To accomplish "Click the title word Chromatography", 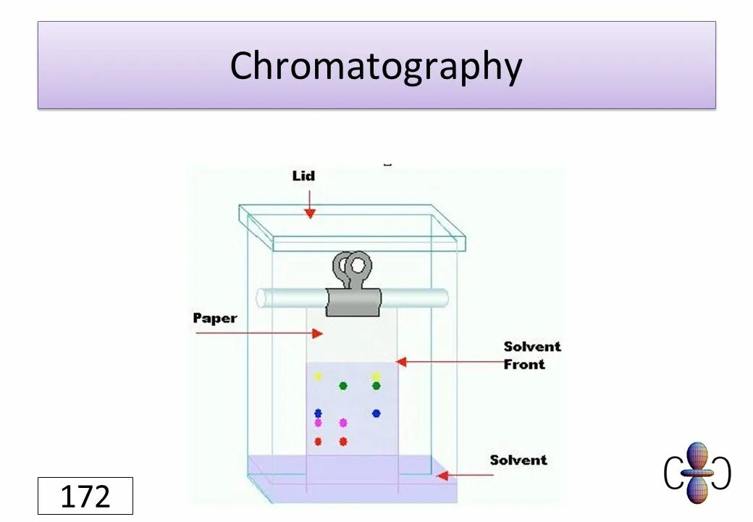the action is tap(376, 66).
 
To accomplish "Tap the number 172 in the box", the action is tap(85, 497).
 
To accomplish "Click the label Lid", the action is tap(303, 176).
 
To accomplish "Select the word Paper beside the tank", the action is tap(215, 318).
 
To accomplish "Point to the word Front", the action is tap(524, 364).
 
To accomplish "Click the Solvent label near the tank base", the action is tap(518, 460).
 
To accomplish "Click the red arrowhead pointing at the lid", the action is tap(310, 213).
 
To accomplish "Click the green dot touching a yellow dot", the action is tap(376, 386).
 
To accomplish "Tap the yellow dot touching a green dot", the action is tap(376, 376).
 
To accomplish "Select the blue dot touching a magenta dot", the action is tap(318, 413).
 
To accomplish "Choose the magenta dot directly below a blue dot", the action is tap(318, 423).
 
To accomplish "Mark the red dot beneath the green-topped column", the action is tap(343, 442).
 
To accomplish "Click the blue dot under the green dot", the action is tap(376, 413).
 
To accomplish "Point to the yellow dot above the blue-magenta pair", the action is tap(318, 376).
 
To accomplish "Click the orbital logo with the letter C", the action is tap(697, 473).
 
